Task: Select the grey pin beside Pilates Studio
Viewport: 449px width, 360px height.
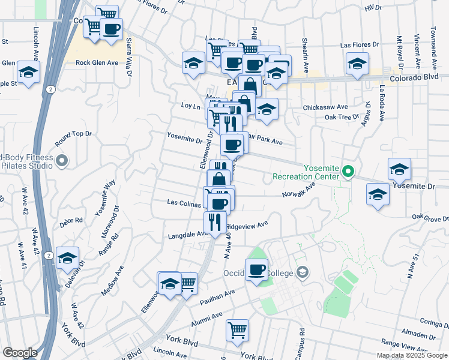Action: tap(62, 160)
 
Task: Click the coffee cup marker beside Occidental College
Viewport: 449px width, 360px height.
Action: tap(256, 269)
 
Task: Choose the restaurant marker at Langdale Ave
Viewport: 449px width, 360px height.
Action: tap(215, 221)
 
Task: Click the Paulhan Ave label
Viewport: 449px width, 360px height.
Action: tap(221, 295)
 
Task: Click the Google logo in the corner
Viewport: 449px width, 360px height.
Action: tap(20, 353)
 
